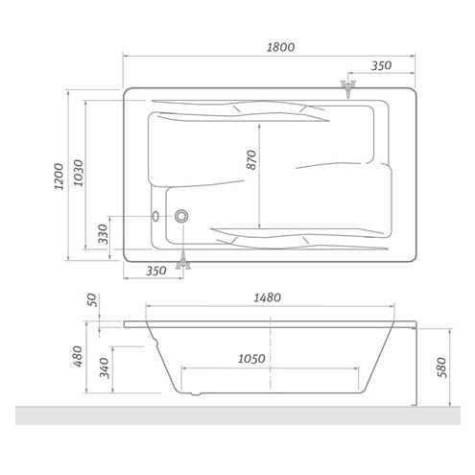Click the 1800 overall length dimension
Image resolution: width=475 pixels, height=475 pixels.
280,47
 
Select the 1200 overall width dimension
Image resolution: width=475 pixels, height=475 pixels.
59,177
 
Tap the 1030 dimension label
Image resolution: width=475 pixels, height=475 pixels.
78,173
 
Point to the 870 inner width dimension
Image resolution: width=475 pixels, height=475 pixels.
251,159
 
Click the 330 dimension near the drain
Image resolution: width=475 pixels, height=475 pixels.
103,234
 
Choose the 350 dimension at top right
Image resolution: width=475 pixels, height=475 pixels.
381,65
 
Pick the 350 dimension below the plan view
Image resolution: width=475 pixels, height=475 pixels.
156,271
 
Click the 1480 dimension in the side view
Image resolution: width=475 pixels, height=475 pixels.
268,297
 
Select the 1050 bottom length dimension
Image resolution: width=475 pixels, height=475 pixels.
251,359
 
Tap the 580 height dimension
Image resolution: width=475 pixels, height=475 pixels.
441,368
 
